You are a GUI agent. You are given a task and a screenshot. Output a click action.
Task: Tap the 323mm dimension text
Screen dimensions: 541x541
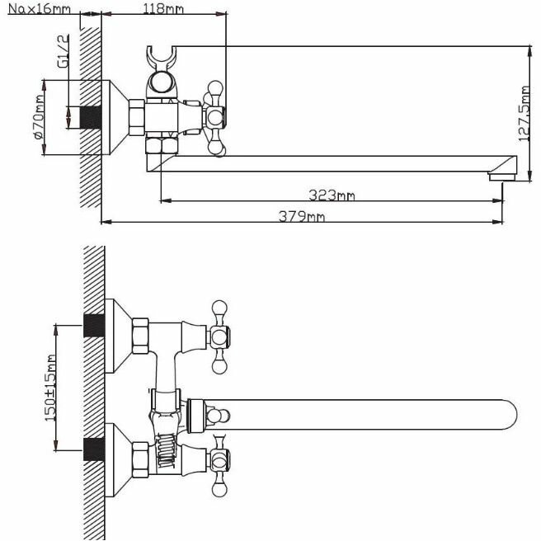(x=332, y=195)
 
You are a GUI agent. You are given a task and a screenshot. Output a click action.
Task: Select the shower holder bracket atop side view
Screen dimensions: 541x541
(x=162, y=64)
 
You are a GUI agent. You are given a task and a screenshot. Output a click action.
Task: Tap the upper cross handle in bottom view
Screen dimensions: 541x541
(x=220, y=334)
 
